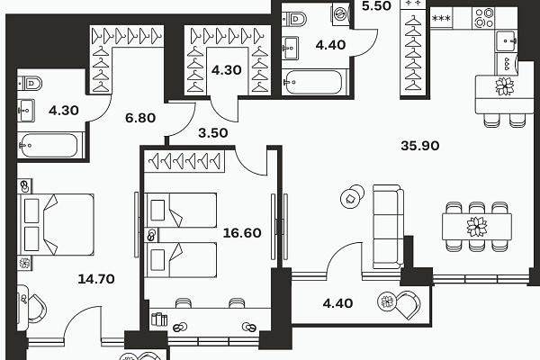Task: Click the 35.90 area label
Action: (419, 146)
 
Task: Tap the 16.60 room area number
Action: (242, 233)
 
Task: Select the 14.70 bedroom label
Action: (96, 279)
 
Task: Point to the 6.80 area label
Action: (140, 118)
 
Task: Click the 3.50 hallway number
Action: (212, 133)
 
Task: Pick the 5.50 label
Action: (376, 6)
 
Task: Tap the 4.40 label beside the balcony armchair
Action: (337, 303)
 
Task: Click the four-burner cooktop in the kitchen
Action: (483, 18)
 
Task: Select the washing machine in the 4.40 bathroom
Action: (340, 14)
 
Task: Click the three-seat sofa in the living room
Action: (388, 227)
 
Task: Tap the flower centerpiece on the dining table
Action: (477, 227)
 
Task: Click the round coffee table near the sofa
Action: (352, 196)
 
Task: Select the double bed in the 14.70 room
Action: (56, 225)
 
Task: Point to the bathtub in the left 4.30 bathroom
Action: (49, 146)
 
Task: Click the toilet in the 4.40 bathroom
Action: (295, 19)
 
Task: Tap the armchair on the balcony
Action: (408, 304)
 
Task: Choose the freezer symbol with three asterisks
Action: (441, 18)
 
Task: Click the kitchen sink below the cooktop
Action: (506, 40)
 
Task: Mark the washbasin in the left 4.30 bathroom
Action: (26, 110)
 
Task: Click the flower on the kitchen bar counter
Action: (505, 86)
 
